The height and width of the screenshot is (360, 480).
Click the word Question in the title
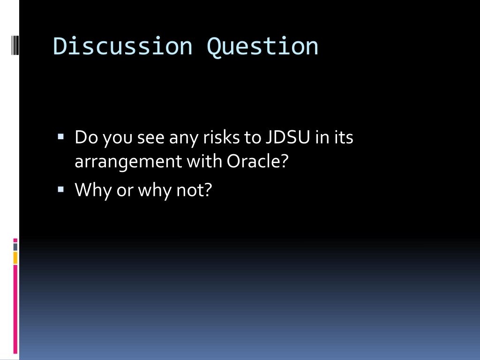click(x=262, y=46)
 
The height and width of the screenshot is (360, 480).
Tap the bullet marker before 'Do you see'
click(x=60, y=137)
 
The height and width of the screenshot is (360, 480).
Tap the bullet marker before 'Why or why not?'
click(x=60, y=189)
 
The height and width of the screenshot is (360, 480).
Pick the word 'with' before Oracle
click(x=205, y=162)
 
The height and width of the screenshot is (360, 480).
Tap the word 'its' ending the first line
click(x=343, y=138)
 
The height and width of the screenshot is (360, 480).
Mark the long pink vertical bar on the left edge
click(x=15, y=309)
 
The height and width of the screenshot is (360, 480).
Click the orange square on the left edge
click(x=15, y=258)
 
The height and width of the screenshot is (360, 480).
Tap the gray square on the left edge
click(x=15, y=247)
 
